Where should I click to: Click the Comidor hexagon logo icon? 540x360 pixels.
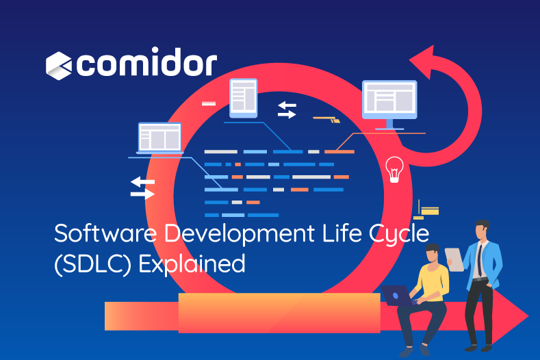59,66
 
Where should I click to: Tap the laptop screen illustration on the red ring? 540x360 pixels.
159,138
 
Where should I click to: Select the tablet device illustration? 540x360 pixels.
244,98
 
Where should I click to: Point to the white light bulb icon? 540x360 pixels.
394,169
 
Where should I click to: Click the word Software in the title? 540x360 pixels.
105,233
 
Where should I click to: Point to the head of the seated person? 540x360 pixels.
432,253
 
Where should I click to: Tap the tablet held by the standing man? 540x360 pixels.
454,259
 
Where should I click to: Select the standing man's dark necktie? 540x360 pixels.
479,260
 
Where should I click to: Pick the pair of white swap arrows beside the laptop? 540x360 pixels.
142,188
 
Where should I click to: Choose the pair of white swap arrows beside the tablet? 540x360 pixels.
287,110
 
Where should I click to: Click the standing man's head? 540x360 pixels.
482,230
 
